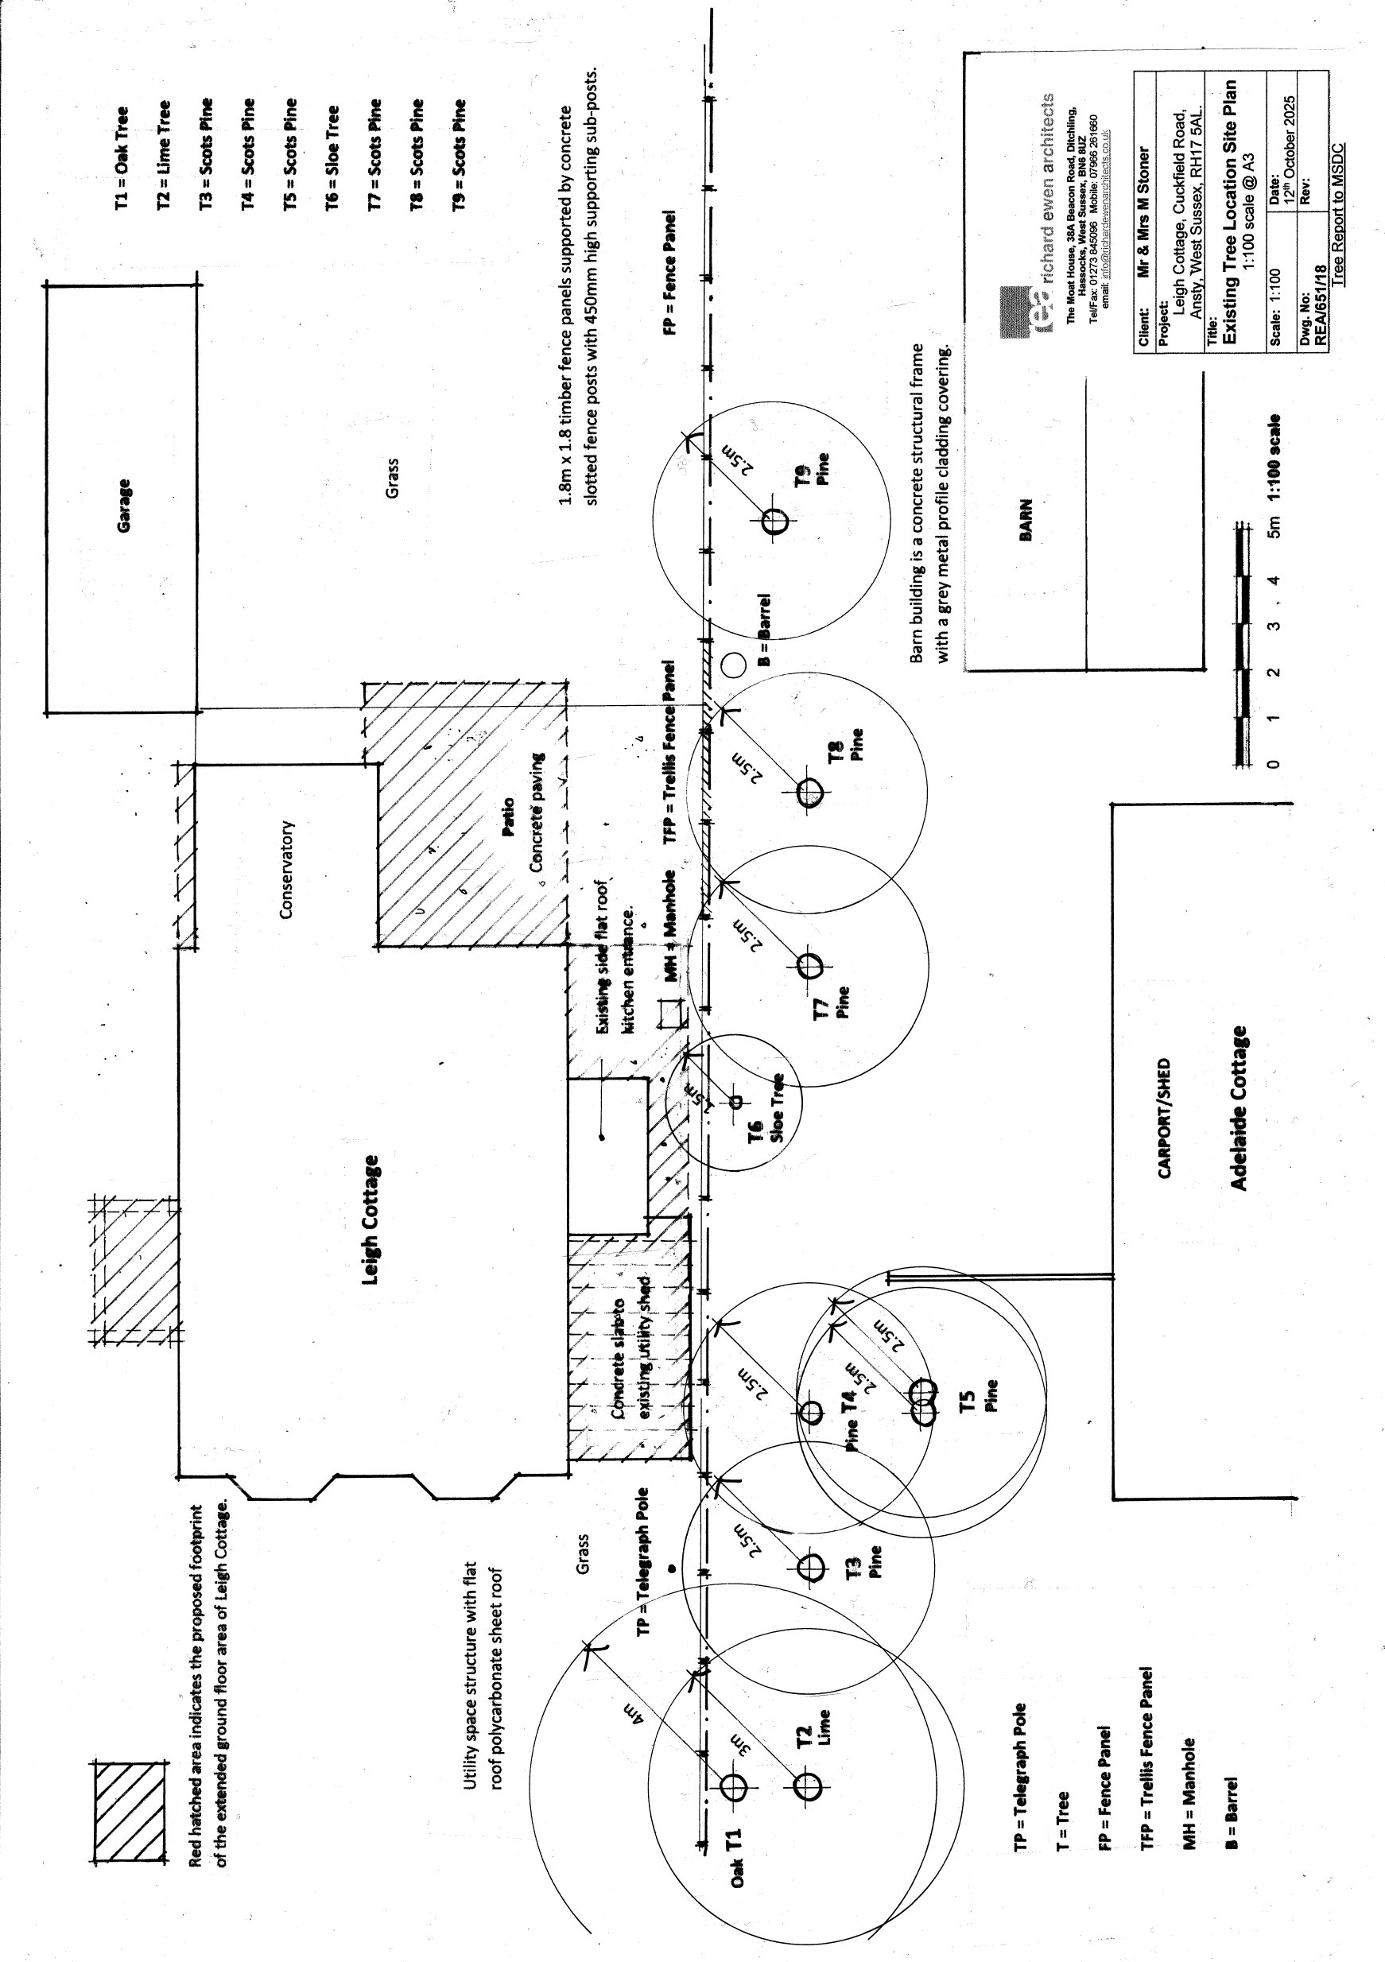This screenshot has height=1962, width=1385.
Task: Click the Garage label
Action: pyautogui.click(x=124, y=506)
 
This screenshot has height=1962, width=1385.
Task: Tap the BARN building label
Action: pyautogui.click(x=1026, y=520)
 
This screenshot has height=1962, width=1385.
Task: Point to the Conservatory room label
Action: pyautogui.click(x=287, y=870)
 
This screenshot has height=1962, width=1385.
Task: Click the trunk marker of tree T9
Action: pyautogui.click(x=776, y=522)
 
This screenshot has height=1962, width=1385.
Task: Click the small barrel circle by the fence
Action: pyautogui.click(x=733, y=664)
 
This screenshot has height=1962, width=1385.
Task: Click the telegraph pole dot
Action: pyautogui.click(x=672, y=1569)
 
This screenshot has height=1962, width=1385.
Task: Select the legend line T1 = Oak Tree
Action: pyautogui.click(x=122, y=158)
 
